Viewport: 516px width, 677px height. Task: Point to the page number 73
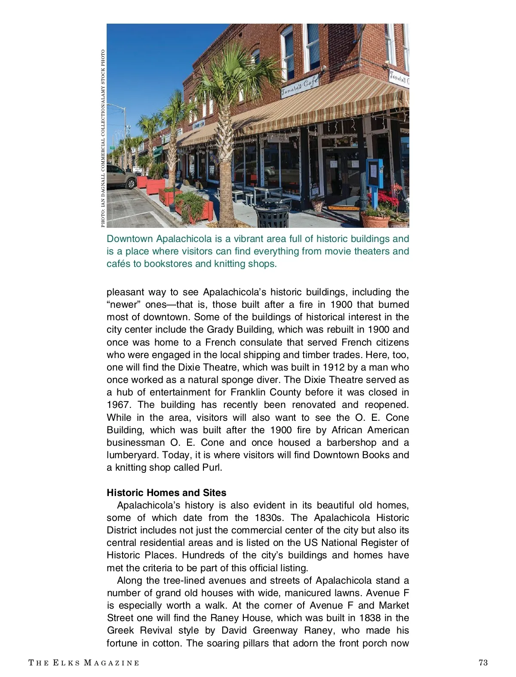(483, 662)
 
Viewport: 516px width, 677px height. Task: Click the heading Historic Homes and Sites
(166, 493)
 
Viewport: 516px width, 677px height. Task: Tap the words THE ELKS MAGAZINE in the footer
(84, 663)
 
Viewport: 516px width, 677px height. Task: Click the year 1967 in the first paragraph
(118, 405)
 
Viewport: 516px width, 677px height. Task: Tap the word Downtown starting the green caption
(129, 239)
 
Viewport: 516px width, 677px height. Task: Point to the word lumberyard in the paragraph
(132, 455)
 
